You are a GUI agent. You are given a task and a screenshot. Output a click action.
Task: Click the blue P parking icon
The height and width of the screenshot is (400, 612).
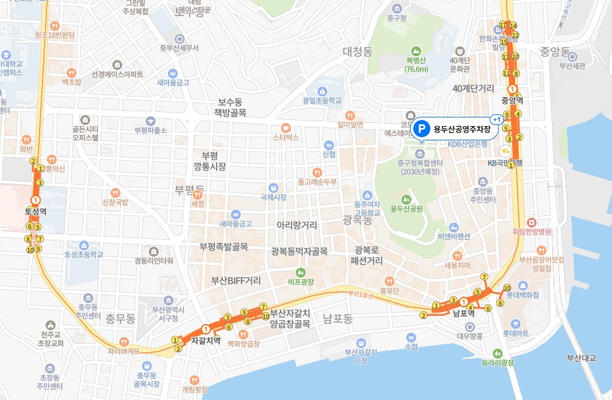coord(422,129)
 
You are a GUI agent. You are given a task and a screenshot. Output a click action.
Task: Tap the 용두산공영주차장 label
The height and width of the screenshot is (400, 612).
coord(462,129)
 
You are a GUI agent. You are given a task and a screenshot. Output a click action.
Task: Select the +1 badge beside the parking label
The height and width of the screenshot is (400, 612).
coord(495,119)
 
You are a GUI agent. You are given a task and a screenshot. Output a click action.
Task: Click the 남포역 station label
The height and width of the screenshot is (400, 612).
coord(463,313)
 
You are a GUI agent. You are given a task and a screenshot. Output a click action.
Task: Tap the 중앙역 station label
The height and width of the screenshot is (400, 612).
coord(512,100)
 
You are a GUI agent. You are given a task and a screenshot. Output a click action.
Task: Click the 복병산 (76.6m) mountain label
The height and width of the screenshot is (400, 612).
coord(417,64)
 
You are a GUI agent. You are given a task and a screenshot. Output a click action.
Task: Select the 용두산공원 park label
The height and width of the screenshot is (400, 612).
coord(406,208)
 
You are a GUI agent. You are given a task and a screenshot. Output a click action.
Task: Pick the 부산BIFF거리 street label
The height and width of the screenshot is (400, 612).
coord(236,281)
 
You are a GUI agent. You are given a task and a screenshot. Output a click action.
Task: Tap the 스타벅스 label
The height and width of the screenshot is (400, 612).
coord(285,136)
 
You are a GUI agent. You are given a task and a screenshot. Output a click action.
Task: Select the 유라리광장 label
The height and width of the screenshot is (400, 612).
coord(498,363)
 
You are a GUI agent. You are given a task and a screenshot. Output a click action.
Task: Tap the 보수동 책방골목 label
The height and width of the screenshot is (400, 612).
coord(230,107)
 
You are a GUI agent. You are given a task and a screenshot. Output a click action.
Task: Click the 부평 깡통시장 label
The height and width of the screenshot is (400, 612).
coord(209,161)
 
